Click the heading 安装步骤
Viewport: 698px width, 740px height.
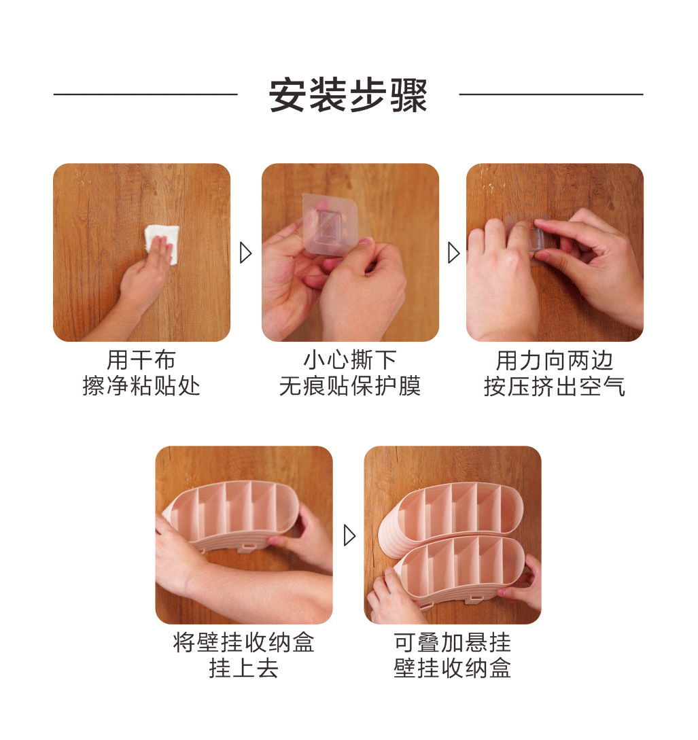[348, 95]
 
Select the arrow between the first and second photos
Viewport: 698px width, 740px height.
[246, 253]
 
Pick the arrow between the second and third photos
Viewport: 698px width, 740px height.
[453, 253]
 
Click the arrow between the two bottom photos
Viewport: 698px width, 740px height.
[349, 535]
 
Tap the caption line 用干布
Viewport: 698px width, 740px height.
[141, 360]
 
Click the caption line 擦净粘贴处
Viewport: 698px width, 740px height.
[141, 386]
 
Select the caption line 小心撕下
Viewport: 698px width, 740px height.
[350, 360]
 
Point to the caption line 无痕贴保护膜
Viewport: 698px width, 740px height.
[350, 386]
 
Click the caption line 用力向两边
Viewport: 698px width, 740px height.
[555, 360]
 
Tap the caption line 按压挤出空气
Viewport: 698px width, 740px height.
[555, 386]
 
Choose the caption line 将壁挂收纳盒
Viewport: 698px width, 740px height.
[244, 643]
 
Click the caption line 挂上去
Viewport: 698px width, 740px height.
[244, 669]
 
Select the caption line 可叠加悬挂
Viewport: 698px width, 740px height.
[453, 643]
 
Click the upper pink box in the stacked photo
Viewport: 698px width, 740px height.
[462, 506]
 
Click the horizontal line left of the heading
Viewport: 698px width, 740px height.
[145, 94]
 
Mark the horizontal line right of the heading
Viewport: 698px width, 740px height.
[551, 94]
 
